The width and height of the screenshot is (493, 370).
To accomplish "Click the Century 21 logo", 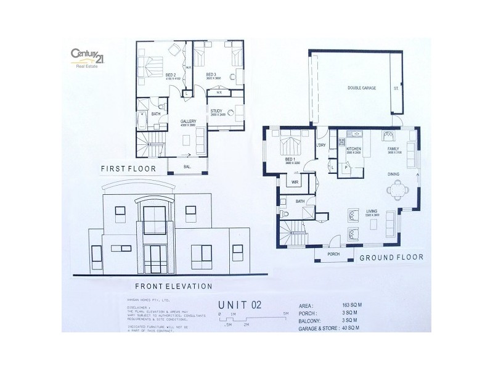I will pyautogui.click(x=86, y=57).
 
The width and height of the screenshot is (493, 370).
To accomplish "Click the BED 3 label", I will pyautogui.click(x=212, y=75).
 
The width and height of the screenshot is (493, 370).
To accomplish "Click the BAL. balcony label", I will pyautogui.click(x=187, y=167).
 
